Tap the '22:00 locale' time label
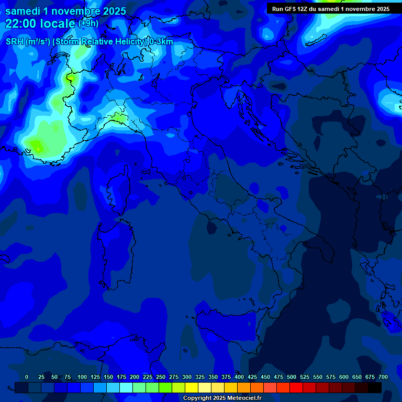pyautogui.click(x=40, y=23)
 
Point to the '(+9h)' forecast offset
pyautogui.click(x=88, y=23)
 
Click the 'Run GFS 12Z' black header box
pyautogui.click(x=330, y=8)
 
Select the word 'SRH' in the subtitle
pyautogui.click(x=15, y=42)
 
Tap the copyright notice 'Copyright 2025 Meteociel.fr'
pyautogui.click(x=222, y=398)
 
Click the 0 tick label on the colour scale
pyautogui.click(x=27, y=377)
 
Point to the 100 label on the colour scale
pyautogui.click(x=82, y=377)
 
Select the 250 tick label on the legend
pyautogui.click(x=161, y=377)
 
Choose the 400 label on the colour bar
pyautogui.click(x=239, y=377)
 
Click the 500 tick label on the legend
pyautogui.click(x=292, y=377)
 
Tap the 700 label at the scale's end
pyautogui.click(x=383, y=377)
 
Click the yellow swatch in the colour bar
pyautogui.click(x=192, y=387)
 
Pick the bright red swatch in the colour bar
pyautogui.click(x=296, y=387)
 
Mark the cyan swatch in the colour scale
pyautogui.click(x=126, y=387)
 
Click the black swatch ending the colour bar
pyautogui.click(x=375, y=387)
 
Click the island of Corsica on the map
pyautogui.click(x=117, y=194)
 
